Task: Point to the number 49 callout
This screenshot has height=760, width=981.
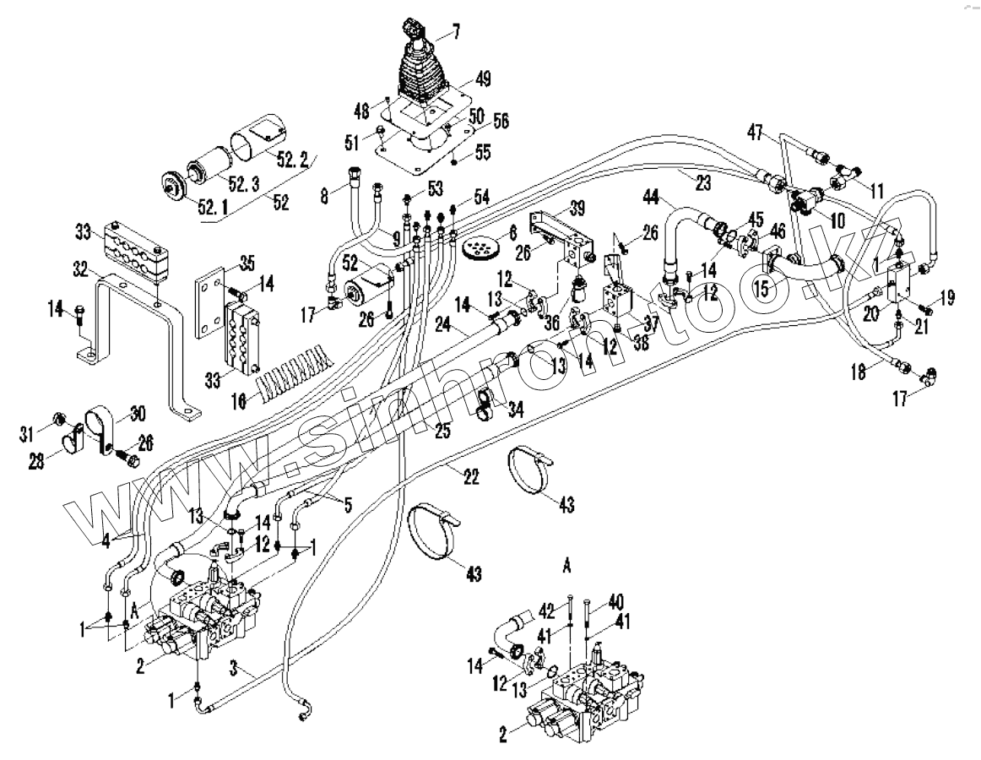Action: pyautogui.click(x=483, y=79)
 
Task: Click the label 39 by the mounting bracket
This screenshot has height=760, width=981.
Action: pyautogui.click(x=577, y=209)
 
